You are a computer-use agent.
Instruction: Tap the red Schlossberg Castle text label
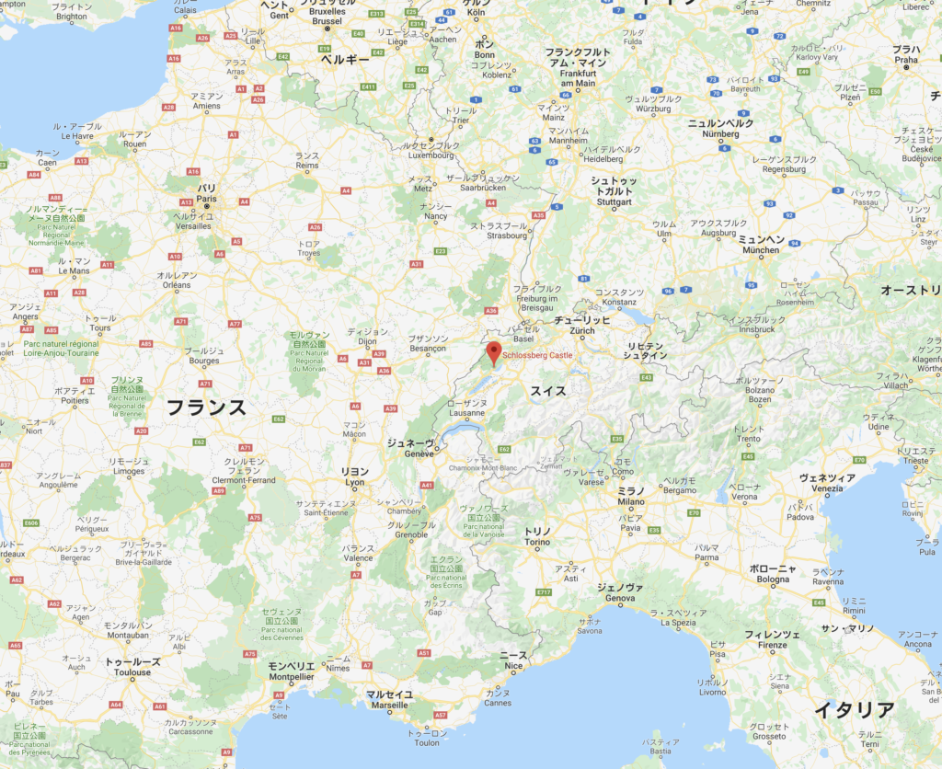537,355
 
